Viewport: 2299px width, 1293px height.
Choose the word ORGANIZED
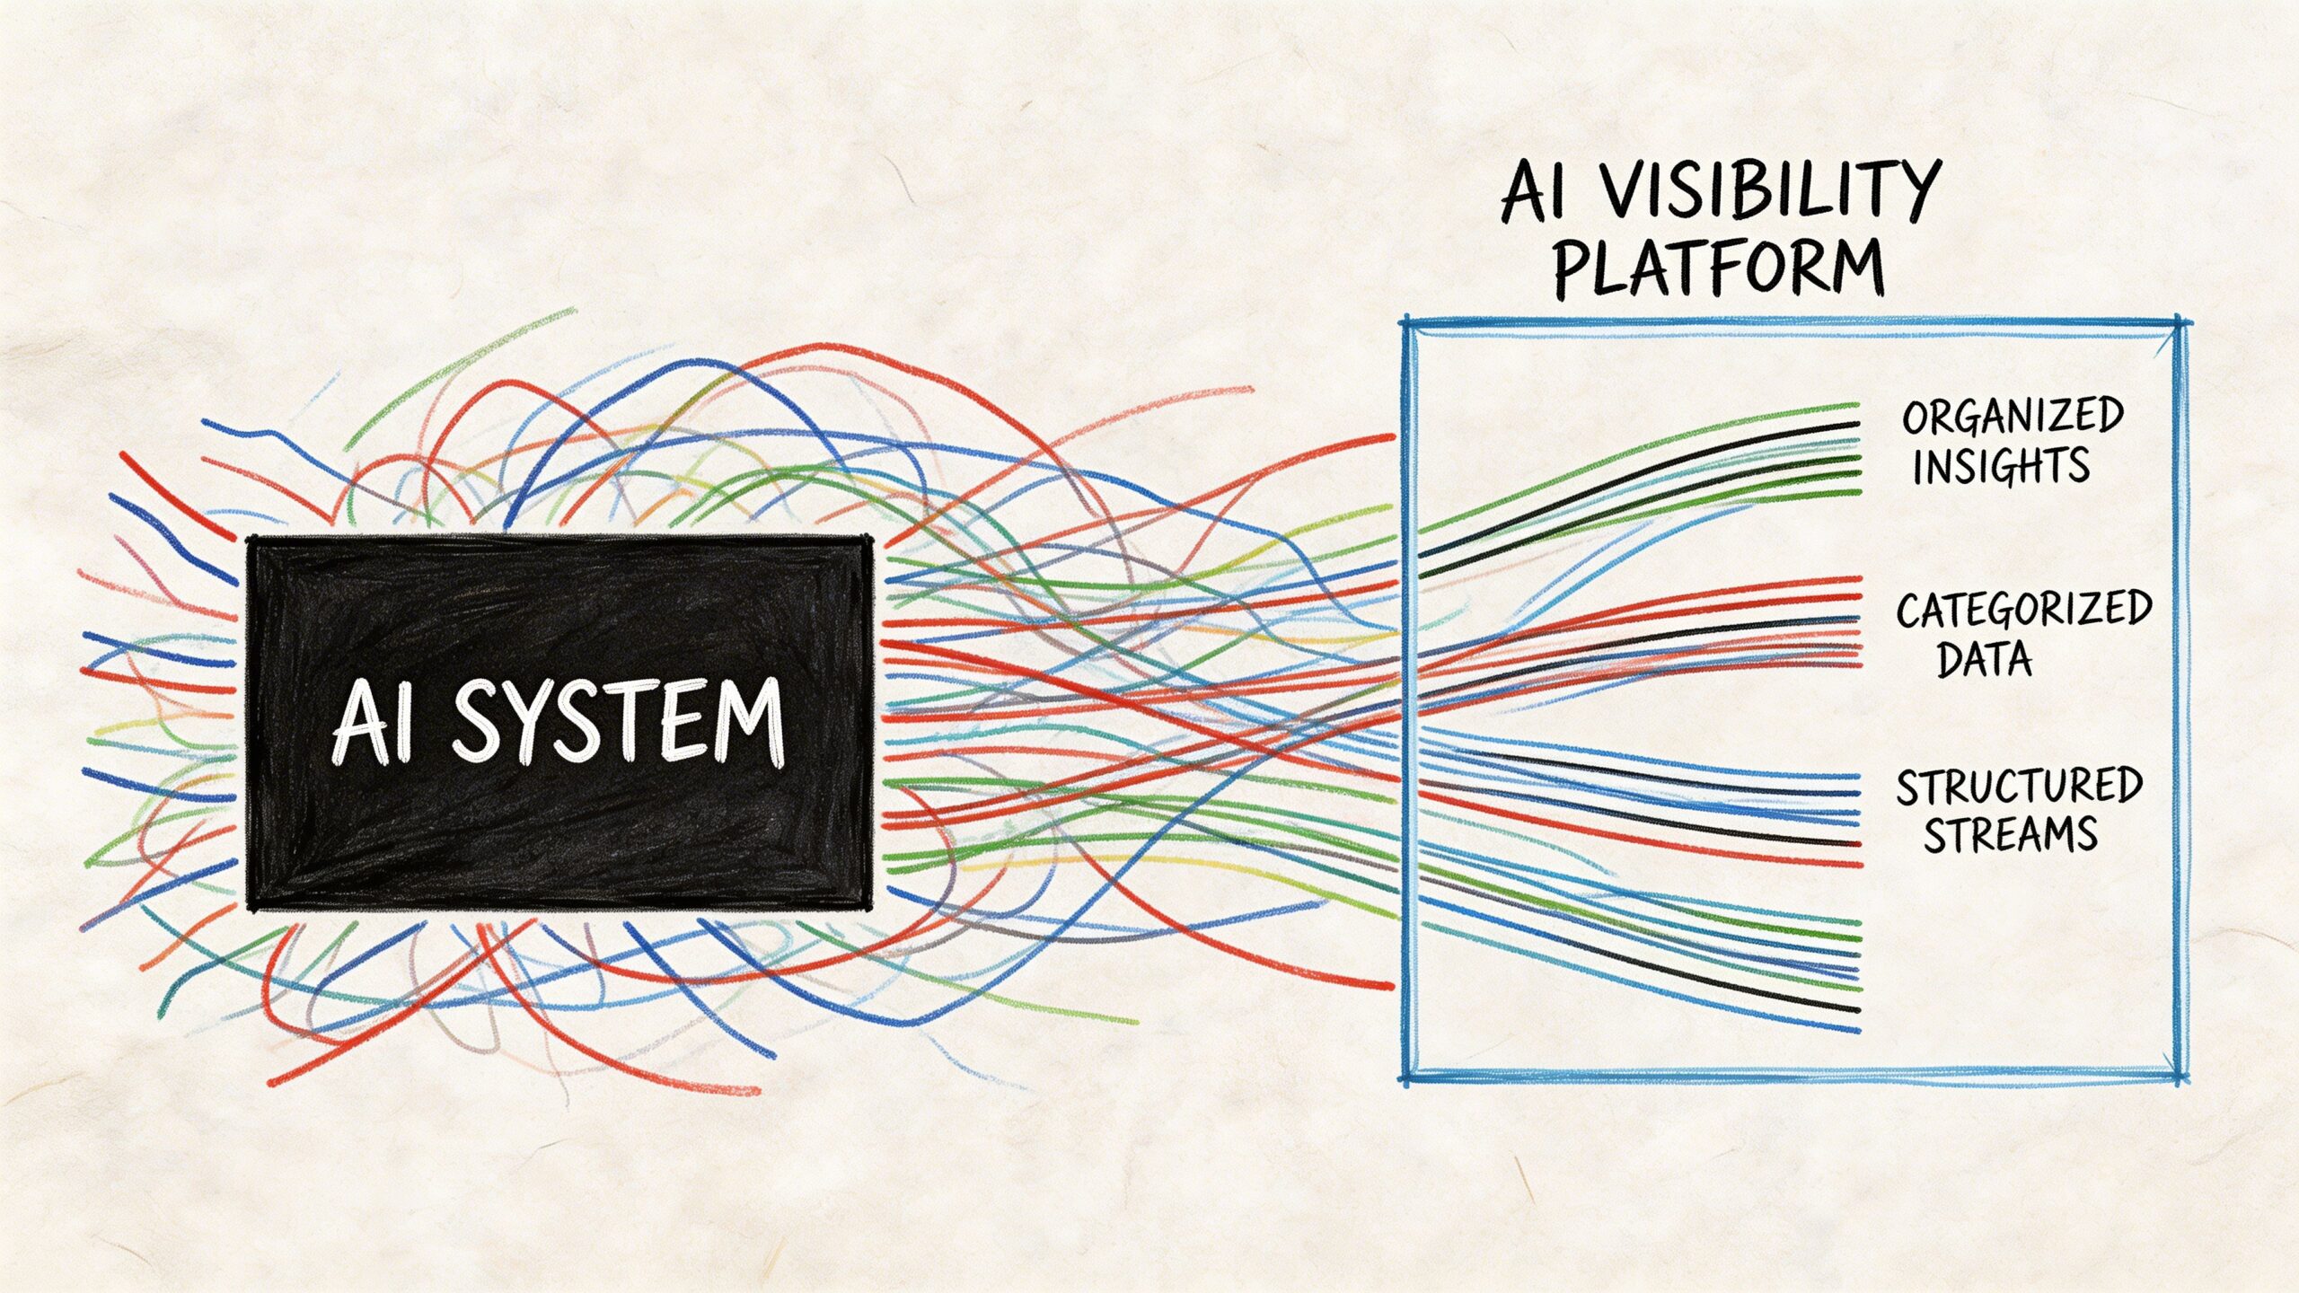(2013, 417)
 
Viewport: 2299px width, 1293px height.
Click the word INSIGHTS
(2000, 466)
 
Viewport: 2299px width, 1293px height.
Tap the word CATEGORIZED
(2024, 611)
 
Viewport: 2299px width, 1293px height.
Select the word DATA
(1984, 660)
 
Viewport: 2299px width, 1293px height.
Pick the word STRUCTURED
(2019, 787)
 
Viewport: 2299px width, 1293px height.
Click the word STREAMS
(2010, 834)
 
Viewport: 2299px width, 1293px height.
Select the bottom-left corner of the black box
(251, 904)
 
